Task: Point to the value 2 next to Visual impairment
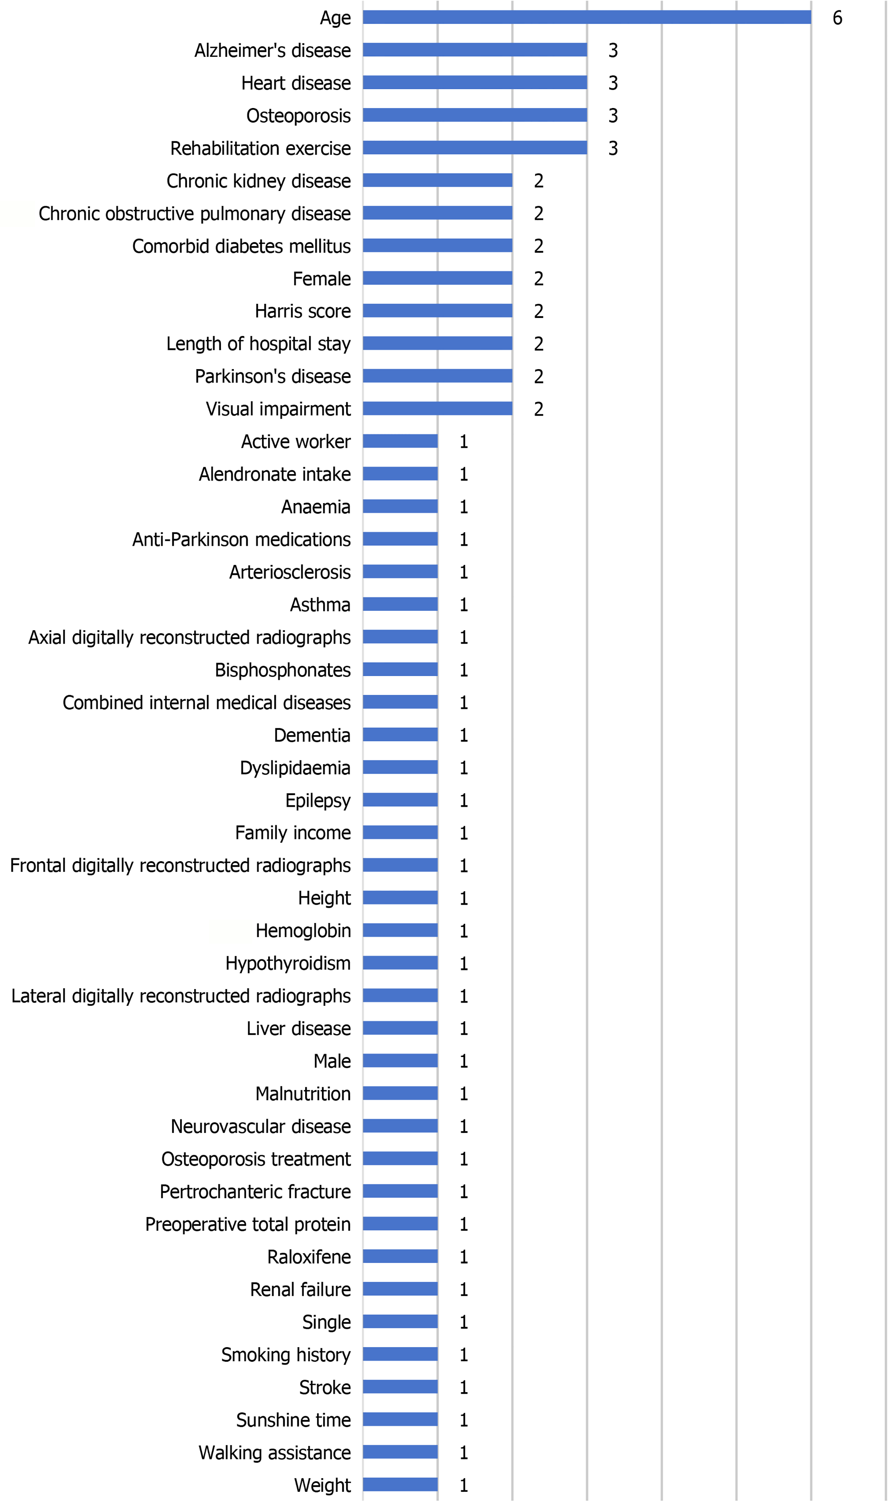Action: (x=539, y=409)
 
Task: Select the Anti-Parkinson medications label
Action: (x=241, y=539)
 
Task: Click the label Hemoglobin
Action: (x=303, y=930)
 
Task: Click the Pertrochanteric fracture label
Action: (x=255, y=1191)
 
